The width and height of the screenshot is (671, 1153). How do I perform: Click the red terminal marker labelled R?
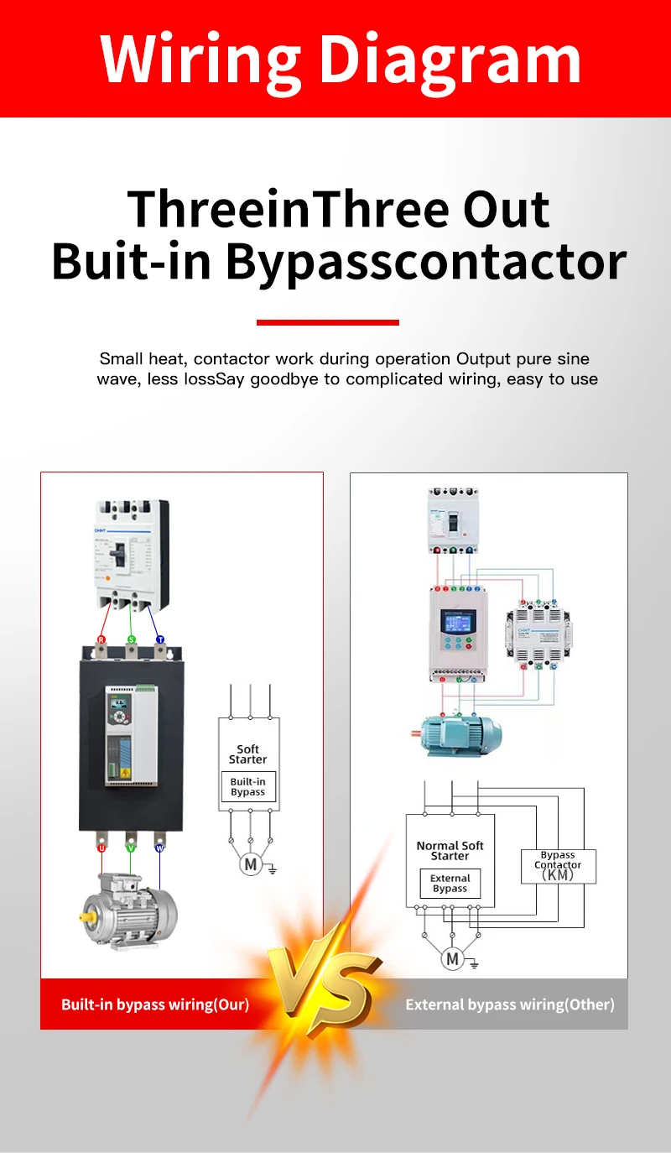(101, 639)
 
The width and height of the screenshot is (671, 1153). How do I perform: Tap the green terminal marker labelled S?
(131, 639)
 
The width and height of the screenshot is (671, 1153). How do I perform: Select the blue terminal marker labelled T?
(160, 639)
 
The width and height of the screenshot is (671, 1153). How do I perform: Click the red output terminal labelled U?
(101, 848)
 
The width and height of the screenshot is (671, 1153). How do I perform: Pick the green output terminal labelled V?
(130, 848)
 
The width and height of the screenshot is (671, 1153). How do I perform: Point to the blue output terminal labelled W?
(159, 848)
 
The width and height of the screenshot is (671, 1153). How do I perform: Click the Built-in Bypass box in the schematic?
(248, 787)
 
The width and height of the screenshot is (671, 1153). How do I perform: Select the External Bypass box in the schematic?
(450, 884)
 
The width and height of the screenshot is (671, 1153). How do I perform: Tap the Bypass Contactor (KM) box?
(558, 865)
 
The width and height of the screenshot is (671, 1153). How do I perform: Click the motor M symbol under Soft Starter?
(250, 864)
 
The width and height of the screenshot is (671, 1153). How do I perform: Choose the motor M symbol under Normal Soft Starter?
(453, 958)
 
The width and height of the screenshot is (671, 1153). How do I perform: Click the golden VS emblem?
(323, 982)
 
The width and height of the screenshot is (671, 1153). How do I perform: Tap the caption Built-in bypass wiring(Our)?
(155, 1004)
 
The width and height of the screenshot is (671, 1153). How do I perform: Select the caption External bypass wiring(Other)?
(510, 1004)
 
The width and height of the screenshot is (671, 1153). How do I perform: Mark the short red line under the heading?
(327, 322)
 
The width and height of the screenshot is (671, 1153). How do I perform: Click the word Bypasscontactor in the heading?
(426, 262)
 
